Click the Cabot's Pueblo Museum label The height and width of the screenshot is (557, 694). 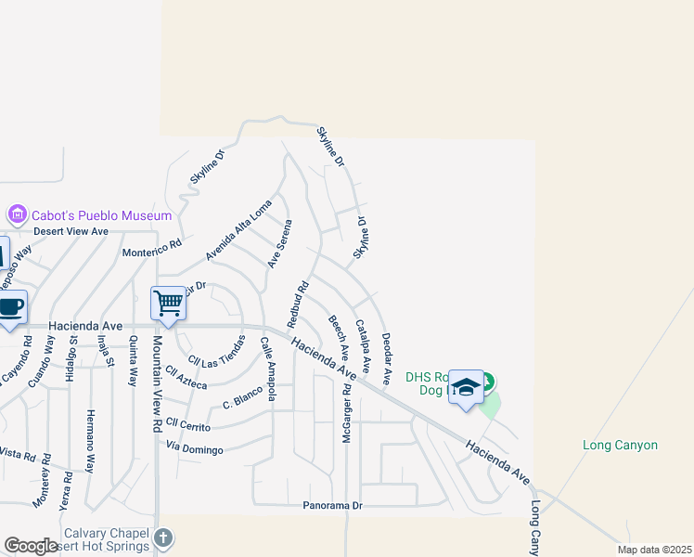[102, 215]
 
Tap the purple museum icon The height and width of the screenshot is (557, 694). [17, 215]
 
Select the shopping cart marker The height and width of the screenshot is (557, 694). [169, 302]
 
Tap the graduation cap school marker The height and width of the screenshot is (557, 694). [466, 387]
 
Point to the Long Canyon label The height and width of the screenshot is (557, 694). [620, 446]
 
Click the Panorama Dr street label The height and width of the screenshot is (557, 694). [332, 506]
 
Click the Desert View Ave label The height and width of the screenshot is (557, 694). [71, 231]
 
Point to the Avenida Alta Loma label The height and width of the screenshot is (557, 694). [238, 230]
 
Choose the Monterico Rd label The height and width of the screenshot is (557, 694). [152, 250]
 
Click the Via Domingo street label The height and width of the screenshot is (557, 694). [195, 450]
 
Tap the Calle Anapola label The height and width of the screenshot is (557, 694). [268, 368]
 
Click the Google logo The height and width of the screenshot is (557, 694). [31, 546]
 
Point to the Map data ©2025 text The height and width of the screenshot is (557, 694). [654, 550]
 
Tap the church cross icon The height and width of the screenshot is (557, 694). [163, 538]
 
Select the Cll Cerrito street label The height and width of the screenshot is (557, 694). [188, 427]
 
